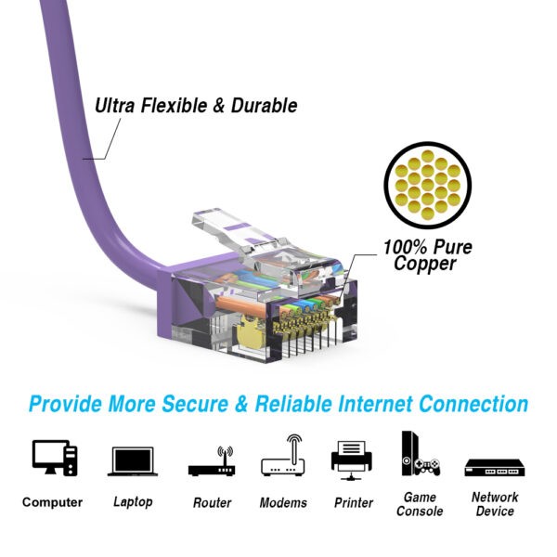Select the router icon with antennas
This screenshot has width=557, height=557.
pyautogui.click(x=211, y=461)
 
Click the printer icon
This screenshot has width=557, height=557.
pyautogui.click(x=353, y=459)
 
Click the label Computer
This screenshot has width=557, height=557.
pyautogui.click(x=53, y=502)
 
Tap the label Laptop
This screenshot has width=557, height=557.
pyautogui.click(x=133, y=502)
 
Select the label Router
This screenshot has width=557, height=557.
pyautogui.click(x=212, y=502)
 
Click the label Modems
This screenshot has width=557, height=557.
pyautogui.click(x=283, y=502)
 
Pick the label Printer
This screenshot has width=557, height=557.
pyautogui.click(x=353, y=502)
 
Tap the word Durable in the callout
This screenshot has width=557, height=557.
pyautogui.click(x=265, y=106)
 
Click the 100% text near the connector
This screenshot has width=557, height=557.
pyautogui.click(x=405, y=247)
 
